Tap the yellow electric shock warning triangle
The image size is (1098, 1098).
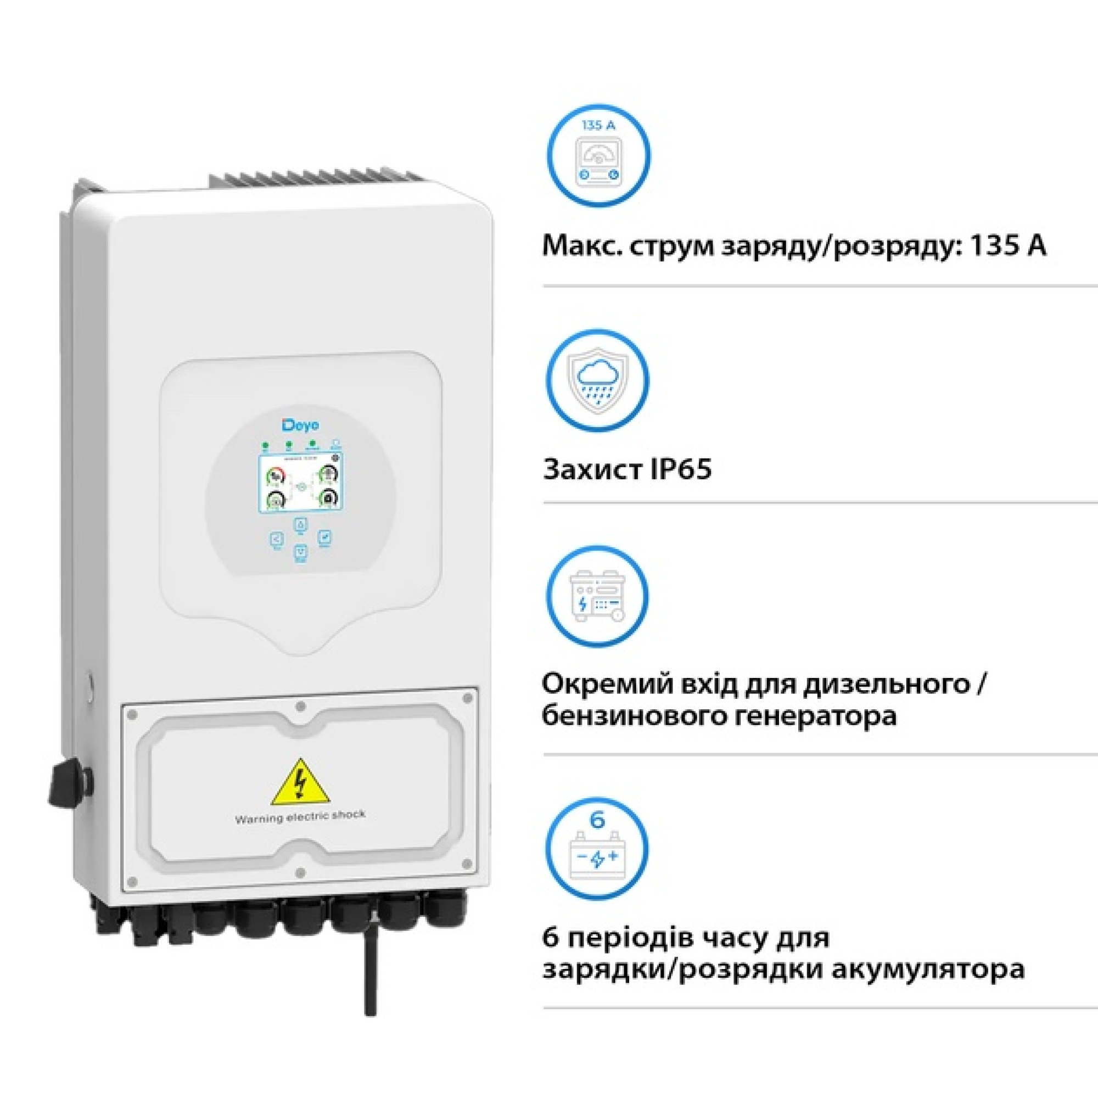tap(300, 782)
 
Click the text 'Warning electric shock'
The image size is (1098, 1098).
tap(300, 817)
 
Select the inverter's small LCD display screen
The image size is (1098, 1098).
tap(301, 483)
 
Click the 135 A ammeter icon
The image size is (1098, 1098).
tap(598, 155)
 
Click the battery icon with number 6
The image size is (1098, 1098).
tap(597, 847)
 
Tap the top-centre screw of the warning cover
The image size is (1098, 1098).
tap(301, 706)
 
